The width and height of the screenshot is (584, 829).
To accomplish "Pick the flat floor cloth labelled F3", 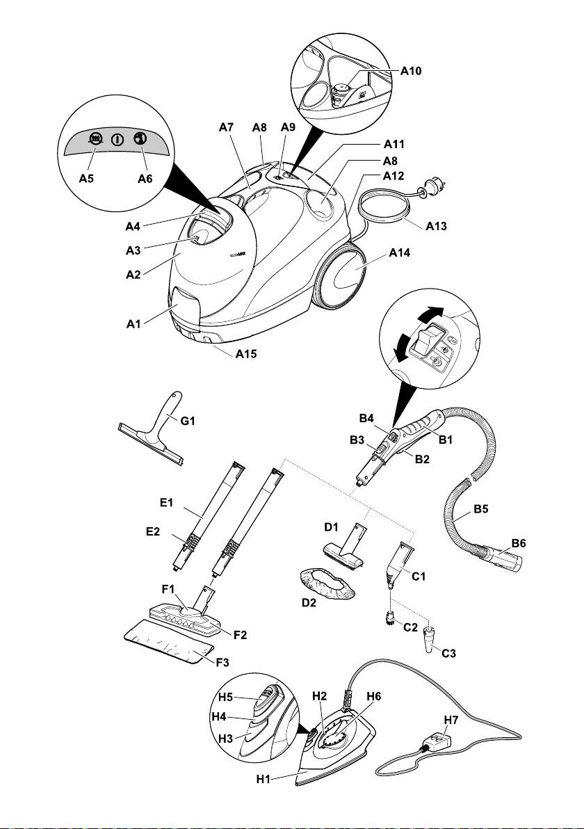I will coord(167,644).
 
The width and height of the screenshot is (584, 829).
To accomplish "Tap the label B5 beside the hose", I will coord(482,509).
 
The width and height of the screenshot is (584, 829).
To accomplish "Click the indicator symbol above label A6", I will coord(140,138).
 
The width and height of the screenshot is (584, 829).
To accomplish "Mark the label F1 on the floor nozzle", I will coord(170,588).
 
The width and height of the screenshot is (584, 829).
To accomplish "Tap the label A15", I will coord(246,353).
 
